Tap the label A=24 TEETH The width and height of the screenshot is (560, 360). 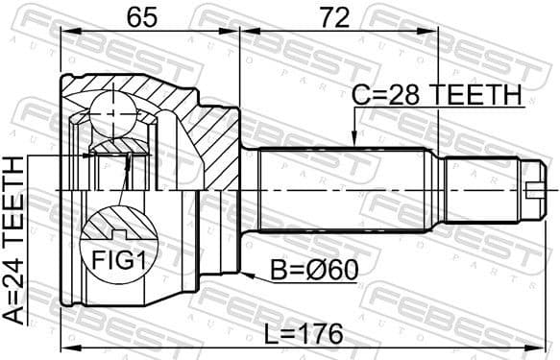13,240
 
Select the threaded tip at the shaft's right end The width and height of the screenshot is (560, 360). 538,189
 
